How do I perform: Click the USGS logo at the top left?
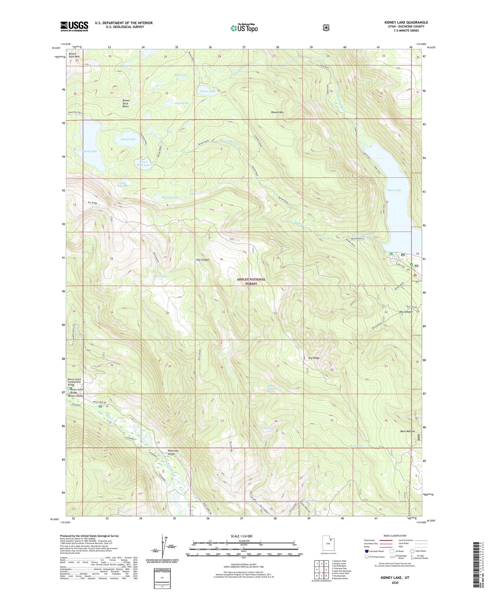tap(74, 26)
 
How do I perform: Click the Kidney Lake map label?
tap(90, 151)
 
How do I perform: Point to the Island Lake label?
tap(128, 139)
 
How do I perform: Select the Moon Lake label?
tap(394, 190)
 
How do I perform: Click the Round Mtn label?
tap(277, 112)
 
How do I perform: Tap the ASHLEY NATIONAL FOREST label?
tap(251, 281)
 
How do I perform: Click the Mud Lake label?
tap(180, 75)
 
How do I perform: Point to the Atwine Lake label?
tap(208, 91)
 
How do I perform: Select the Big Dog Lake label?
tap(171, 197)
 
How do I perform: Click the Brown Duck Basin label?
tap(126, 103)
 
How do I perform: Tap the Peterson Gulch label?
tap(173, 452)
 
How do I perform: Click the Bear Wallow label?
tap(407, 431)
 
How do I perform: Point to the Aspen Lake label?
tap(181, 103)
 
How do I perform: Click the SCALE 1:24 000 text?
tap(243, 536)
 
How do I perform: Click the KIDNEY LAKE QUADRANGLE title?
tap(406, 22)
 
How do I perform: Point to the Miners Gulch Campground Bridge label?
tap(74, 382)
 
